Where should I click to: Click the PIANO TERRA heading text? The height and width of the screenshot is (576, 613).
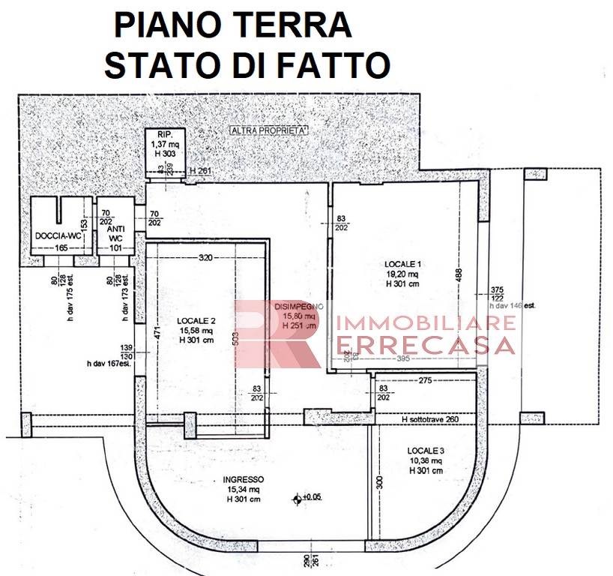(232, 25)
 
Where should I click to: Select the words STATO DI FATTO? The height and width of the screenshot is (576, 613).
(247, 65)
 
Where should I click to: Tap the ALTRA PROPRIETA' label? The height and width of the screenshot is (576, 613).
(271, 130)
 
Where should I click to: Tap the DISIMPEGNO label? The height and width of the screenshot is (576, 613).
(298, 306)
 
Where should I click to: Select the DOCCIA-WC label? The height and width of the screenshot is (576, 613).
(58, 236)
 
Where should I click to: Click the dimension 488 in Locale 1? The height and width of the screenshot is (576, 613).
(459, 275)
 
